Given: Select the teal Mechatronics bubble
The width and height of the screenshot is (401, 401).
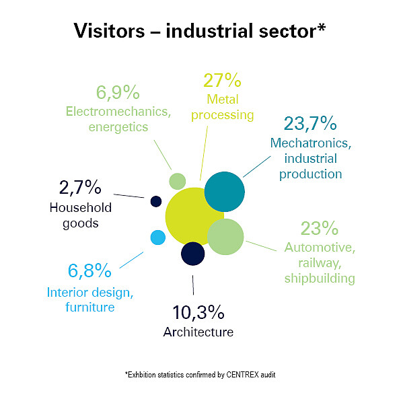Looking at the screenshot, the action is tap(225, 192).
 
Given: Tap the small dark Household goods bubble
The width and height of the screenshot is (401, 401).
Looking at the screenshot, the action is tap(156, 202).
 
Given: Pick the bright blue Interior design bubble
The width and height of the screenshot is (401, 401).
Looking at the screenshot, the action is tap(158, 238).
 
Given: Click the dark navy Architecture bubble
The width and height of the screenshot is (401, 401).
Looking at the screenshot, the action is tap(193, 254).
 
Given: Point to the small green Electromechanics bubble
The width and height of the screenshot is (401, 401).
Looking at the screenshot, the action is tap(178, 181).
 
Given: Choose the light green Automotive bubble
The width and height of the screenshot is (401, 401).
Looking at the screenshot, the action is tap(225, 237).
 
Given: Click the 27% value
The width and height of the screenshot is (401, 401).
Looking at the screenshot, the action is tap(222, 80).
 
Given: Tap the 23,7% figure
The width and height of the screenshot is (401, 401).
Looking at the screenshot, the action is tap(310, 124).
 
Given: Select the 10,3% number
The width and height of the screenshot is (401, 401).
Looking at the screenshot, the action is tap(198, 312).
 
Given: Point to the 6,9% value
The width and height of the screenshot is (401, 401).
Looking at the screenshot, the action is tap(118, 93).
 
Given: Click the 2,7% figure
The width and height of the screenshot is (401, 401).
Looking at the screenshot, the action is tap(80, 188).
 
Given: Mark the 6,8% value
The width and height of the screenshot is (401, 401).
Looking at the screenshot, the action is tap(89, 270).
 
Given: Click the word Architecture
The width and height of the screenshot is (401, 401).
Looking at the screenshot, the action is tap(198, 332).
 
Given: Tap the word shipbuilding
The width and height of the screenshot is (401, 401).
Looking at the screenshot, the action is tap(320, 279).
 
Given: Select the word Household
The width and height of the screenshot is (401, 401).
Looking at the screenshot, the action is tap(81, 207).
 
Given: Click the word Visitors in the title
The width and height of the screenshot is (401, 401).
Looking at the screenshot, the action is tap(109, 31).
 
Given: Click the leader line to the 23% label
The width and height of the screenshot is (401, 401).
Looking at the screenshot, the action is tap(261, 246).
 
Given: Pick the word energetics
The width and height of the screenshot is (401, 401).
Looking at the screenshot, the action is tap(118, 127).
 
